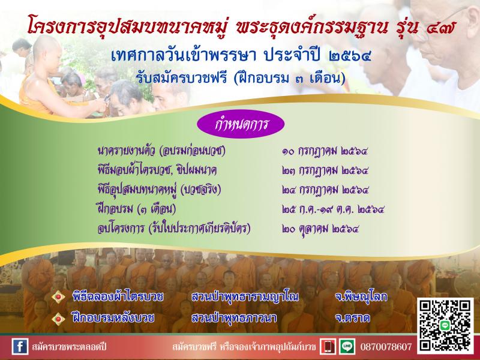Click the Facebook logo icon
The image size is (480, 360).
[20, 347]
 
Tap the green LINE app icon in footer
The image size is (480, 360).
[347, 347]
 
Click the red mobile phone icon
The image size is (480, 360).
[328, 347]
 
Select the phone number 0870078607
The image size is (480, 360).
[386, 347]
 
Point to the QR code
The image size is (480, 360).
[445, 325]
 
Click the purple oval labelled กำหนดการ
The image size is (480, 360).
[241, 124]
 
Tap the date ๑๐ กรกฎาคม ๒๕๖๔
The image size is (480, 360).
[325, 151]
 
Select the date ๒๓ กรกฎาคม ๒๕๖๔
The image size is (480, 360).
[325, 170]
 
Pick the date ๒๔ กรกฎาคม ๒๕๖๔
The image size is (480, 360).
[325, 190]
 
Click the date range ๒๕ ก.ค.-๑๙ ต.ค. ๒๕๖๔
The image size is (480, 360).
[333, 209]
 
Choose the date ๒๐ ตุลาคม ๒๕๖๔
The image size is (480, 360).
[320, 229]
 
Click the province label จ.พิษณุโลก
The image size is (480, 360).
[361, 296]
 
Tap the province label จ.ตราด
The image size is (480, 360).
[352, 318]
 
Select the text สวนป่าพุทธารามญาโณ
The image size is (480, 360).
[245, 296]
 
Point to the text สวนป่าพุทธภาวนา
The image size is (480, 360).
[234, 318]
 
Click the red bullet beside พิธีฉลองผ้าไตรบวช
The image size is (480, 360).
[58, 296]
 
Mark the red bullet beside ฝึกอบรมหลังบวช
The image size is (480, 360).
[58, 319]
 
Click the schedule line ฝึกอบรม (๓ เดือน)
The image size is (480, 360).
[137, 209]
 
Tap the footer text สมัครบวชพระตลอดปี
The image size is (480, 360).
[69, 347]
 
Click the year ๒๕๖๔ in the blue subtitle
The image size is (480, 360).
[350, 56]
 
